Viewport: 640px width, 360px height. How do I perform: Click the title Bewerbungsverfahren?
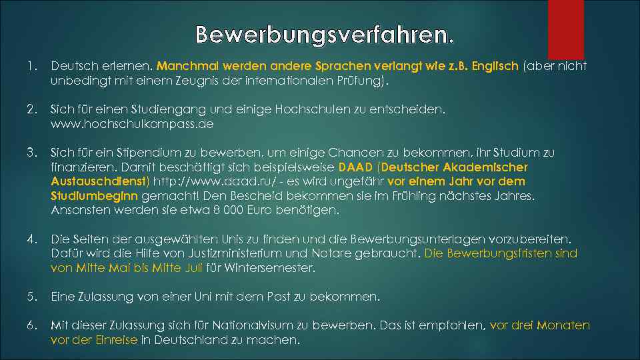(x=325, y=34)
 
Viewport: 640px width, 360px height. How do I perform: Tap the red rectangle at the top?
(x=565, y=29)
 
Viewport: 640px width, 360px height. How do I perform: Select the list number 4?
(x=31, y=239)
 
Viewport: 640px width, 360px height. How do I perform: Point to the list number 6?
(x=31, y=325)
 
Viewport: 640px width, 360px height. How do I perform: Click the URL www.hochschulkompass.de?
(x=131, y=124)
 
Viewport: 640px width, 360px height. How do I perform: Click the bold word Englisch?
(x=495, y=66)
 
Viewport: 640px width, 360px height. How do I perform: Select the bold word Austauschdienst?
(x=99, y=181)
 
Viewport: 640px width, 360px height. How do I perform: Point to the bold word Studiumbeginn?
(x=94, y=196)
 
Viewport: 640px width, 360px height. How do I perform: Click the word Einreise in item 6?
(x=117, y=340)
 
